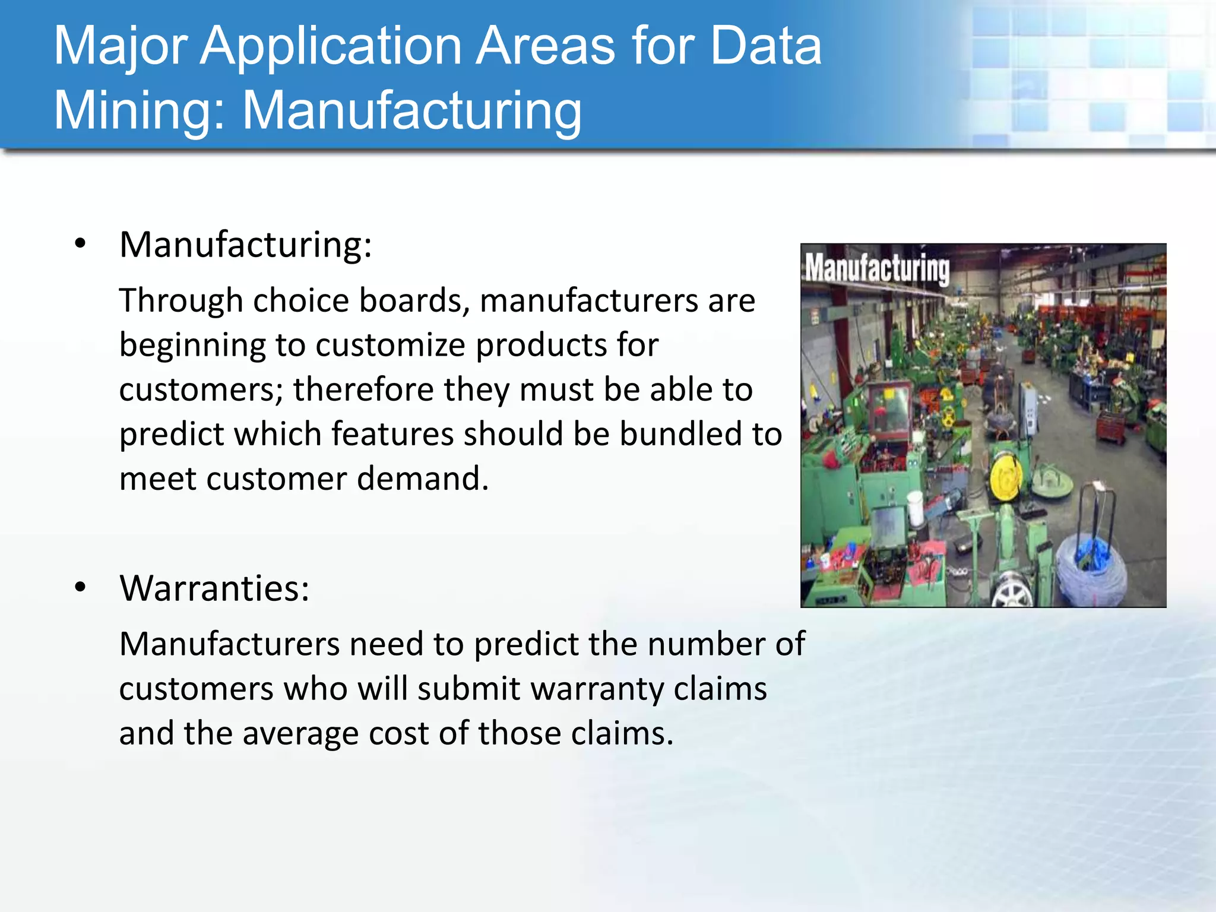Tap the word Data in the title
pos(766,46)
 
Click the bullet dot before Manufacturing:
pos(81,243)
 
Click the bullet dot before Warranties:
pos(81,587)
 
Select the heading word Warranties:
pos(214,588)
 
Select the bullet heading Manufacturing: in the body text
pos(245,245)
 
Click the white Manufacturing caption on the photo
pos(877,268)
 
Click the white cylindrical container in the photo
pos(915,509)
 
